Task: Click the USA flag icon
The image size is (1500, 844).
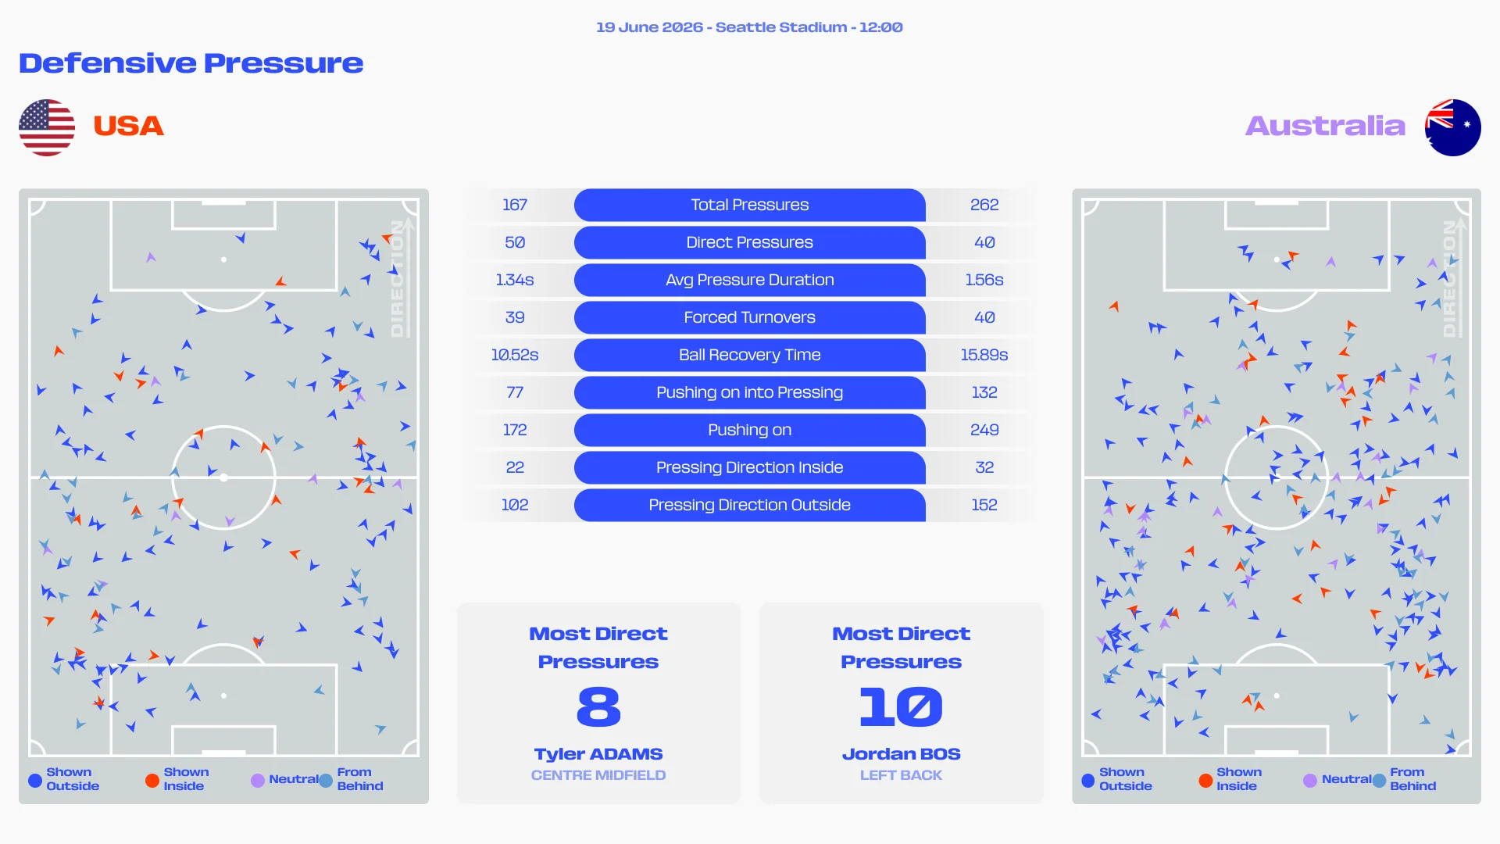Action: pyautogui.click(x=47, y=127)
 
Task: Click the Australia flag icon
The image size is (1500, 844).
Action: pyautogui.click(x=1452, y=127)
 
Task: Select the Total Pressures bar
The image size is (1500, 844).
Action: pyautogui.click(x=750, y=205)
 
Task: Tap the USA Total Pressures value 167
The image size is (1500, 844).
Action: pyautogui.click(x=515, y=205)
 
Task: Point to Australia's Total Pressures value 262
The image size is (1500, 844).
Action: pyautogui.click(x=984, y=205)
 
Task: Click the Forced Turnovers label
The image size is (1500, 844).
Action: pyautogui.click(x=750, y=317)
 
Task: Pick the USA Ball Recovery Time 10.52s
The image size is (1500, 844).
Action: pyautogui.click(x=515, y=355)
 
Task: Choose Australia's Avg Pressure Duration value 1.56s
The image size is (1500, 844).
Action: pyautogui.click(x=984, y=280)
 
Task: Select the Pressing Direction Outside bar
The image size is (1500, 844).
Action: pyautogui.click(x=750, y=505)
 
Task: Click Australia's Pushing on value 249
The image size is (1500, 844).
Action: pyautogui.click(x=984, y=430)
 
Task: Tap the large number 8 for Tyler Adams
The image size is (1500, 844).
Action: pyautogui.click(x=598, y=706)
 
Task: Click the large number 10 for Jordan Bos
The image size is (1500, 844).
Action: pyautogui.click(x=901, y=706)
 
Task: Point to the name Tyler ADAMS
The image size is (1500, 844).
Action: pyautogui.click(x=598, y=754)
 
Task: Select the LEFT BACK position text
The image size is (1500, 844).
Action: pyautogui.click(x=901, y=775)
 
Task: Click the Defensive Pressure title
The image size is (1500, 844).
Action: pyautogui.click(x=191, y=63)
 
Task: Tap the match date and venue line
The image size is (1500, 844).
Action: pyautogui.click(x=749, y=27)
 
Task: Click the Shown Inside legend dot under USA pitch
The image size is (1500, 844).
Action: pyautogui.click(x=152, y=780)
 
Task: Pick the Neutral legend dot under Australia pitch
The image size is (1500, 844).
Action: pyautogui.click(x=1310, y=780)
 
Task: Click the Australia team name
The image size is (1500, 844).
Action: pyautogui.click(x=1325, y=126)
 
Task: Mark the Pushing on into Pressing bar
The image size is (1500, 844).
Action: pyautogui.click(x=750, y=392)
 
